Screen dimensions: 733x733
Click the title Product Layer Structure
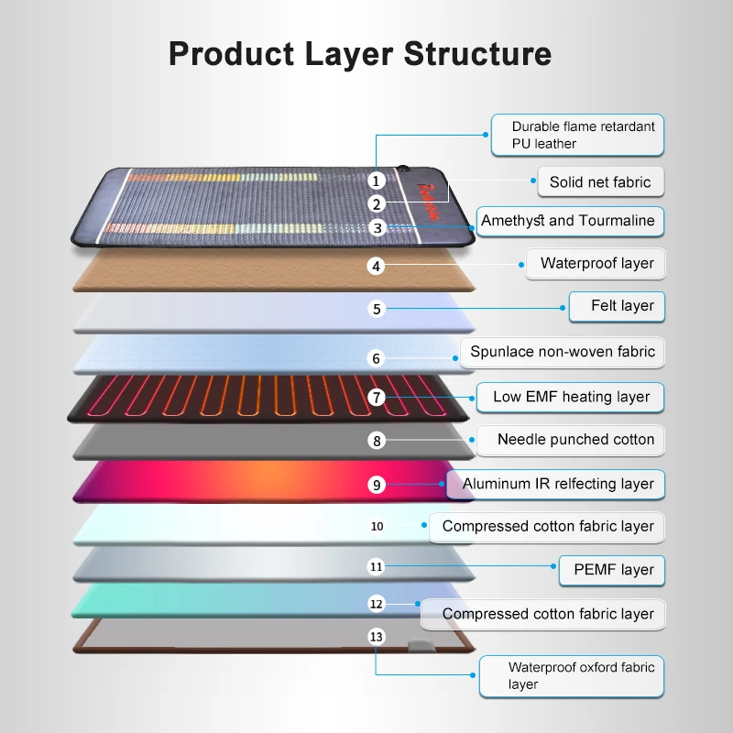pyautogui.click(x=360, y=54)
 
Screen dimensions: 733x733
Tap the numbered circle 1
pyautogui.click(x=377, y=181)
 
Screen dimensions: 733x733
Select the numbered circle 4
pyautogui.click(x=377, y=267)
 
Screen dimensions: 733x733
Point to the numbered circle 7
pyautogui.click(x=377, y=398)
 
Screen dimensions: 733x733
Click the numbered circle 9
pyautogui.click(x=377, y=485)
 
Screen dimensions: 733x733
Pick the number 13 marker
pyautogui.click(x=377, y=637)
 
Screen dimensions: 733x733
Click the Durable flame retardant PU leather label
pyautogui.click(x=577, y=135)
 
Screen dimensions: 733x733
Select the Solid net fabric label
pyautogui.click(x=600, y=181)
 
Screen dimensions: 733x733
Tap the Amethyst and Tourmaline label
pyautogui.click(x=568, y=221)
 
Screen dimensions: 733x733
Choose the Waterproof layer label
pyautogui.click(x=596, y=264)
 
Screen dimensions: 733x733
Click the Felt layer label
pyautogui.click(x=616, y=306)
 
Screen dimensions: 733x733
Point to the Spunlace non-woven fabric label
pyautogui.click(x=563, y=352)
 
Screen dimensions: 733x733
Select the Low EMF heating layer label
pyautogui.click(x=571, y=397)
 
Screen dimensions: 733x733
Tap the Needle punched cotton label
pyautogui.click(x=575, y=440)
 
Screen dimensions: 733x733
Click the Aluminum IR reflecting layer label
pyautogui.click(x=558, y=484)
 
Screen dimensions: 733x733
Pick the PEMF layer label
pyautogui.click(x=613, y=570)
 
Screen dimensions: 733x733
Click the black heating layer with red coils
pyautogui.click(x=229, y=399)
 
